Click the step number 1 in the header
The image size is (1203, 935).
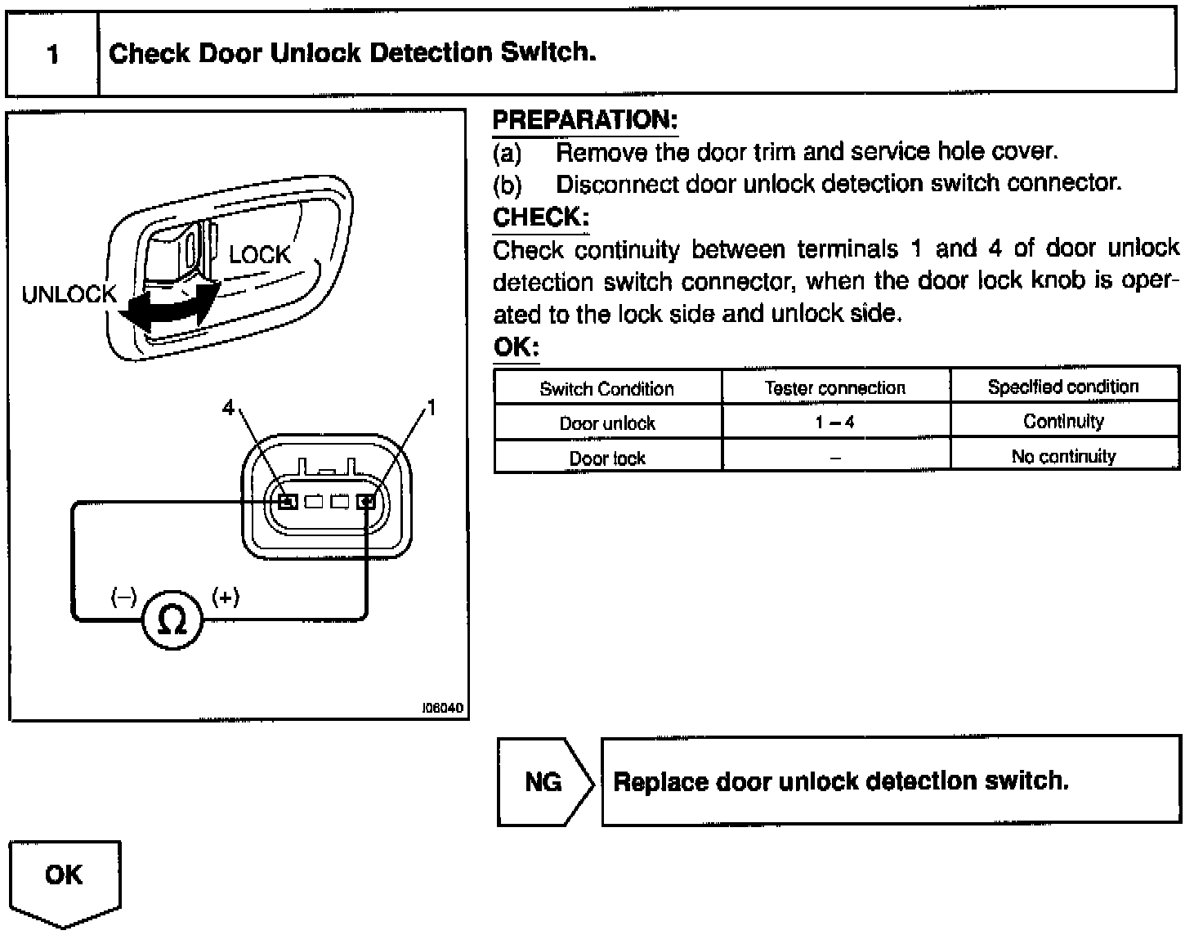53,55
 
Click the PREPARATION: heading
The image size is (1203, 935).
585,121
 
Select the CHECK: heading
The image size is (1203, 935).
541,217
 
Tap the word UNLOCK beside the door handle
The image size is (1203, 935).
69,294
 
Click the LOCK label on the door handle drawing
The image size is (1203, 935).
259,255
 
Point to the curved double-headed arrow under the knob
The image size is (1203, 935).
171,309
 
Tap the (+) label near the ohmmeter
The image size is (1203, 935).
226,597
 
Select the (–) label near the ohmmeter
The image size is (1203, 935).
124,597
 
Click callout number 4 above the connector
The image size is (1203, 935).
229,406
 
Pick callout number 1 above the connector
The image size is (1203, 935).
432,406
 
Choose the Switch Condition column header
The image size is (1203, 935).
607,389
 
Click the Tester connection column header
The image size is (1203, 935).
835,388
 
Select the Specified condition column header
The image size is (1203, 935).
1063,387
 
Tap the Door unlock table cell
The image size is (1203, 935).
607,423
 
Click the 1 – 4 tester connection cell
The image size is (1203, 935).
835,423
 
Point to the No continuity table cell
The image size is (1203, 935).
1063,456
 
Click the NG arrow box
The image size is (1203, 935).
544,782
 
